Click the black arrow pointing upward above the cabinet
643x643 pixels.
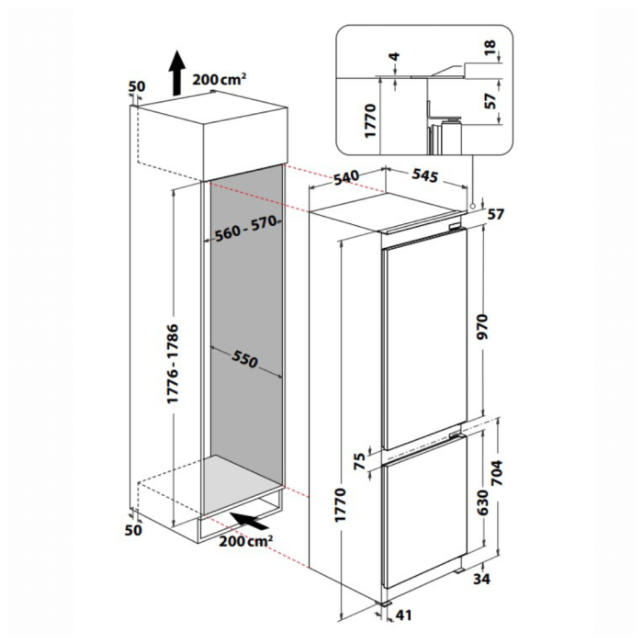point(177,73)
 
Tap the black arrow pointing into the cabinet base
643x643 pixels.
point(249,521)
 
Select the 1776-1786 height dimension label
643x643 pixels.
point(173,364)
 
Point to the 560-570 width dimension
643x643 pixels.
point(246,229)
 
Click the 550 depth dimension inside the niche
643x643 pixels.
point(244,359)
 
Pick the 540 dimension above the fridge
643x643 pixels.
point(346,177)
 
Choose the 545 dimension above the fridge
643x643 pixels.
point(424,175)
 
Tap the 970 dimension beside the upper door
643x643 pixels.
point(484,326)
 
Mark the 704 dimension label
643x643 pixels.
point(497,473)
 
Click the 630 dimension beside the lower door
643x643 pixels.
point(483,502)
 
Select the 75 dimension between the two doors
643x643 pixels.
point(359,461)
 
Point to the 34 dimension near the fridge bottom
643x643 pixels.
point(481,579)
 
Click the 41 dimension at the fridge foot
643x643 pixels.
point(402,615)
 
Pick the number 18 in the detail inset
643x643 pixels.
point(490,48)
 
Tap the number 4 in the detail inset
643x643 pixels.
point(394,57)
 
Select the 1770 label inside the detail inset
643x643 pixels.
point(370,121)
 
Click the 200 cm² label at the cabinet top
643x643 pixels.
point(220,79)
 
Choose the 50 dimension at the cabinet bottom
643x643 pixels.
point(133,530)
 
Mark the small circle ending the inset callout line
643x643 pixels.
point(473,206)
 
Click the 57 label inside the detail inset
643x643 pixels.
point(490,101)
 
